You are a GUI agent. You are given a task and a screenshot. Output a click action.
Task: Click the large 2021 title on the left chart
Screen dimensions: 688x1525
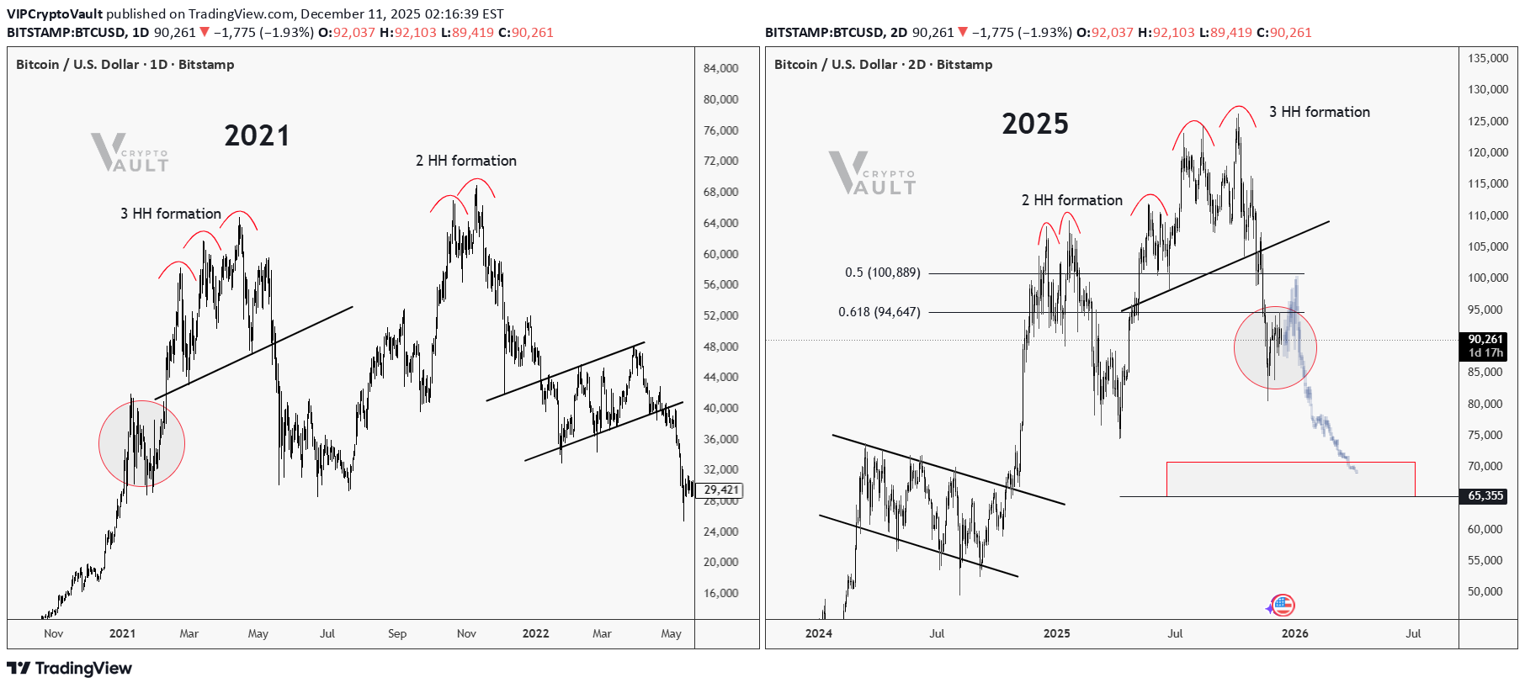tap(257, 135)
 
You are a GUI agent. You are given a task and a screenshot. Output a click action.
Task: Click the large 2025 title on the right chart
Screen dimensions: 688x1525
tap(1034, 124)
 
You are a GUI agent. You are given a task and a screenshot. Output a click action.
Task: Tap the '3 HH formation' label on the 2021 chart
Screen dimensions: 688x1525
tap(170, 214)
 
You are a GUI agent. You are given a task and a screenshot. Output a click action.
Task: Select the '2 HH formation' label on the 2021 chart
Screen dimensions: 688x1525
tap(465, 161)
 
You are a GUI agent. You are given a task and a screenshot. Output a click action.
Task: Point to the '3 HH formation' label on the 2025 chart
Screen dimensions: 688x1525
tap(1319, 112)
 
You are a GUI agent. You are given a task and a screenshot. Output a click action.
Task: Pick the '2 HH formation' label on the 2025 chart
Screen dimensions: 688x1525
tap(1071, 200)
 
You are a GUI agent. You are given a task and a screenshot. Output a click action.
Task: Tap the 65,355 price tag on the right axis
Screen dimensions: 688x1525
tap(1485, 496)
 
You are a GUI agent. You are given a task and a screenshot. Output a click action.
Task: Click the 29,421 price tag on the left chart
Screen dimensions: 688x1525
tap(721, 490)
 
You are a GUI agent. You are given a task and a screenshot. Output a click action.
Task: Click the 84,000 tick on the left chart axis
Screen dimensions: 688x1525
tap(720, 68)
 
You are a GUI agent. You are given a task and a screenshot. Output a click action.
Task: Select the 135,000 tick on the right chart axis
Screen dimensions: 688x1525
tap(1488, 58)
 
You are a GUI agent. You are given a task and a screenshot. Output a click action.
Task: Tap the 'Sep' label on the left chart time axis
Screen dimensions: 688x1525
tap(397, 633)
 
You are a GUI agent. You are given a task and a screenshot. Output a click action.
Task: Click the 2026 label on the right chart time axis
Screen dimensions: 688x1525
tap(1294, 633)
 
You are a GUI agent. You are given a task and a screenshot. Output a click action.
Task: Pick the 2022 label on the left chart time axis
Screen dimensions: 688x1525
tap(535, 633)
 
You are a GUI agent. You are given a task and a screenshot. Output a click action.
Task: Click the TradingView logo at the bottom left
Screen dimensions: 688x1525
tap(70, 668)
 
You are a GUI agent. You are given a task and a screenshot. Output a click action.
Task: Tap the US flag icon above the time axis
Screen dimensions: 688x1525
tap(1283, 605)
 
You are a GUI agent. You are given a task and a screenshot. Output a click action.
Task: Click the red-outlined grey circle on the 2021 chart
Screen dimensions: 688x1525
tap(141, 443)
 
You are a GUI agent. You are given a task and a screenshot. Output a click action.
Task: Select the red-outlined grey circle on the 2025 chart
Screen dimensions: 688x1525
tap(1275, 347)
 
